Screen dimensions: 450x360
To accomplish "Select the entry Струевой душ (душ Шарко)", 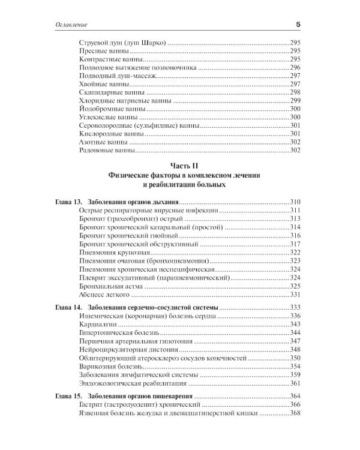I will click(122, 44).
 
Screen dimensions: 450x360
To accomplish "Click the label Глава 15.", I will click(64, 397).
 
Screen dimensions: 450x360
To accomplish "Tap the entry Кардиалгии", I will click(99, 325).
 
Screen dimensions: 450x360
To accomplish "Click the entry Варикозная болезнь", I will click(112, 367).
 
